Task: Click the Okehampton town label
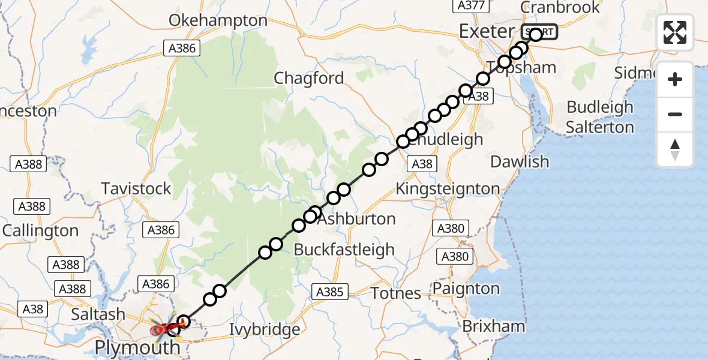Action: click(218, 20)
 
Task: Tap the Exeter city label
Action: click(487, 31)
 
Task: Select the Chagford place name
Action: click(309, 78)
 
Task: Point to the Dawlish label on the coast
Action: click(520, 161)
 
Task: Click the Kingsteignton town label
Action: click(448, 188)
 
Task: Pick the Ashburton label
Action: click(356, 219)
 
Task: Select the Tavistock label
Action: click(136, 188)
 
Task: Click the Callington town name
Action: click(41, 230)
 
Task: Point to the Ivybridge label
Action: click(265, 329)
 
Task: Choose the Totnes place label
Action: click(395, 293)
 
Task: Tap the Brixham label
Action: click(494, 327)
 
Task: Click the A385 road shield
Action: click(329, 292)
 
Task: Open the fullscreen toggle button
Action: click(675, 32)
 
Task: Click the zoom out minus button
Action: click(675, 114)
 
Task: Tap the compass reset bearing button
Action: click(675, 149)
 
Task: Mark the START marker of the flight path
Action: click(539, 32)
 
